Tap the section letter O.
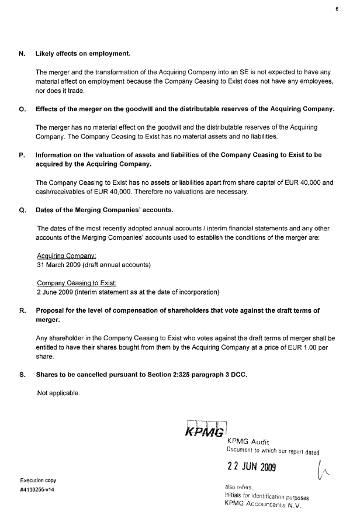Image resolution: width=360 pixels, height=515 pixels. point(22,109)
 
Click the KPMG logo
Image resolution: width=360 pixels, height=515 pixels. point(205,431)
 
